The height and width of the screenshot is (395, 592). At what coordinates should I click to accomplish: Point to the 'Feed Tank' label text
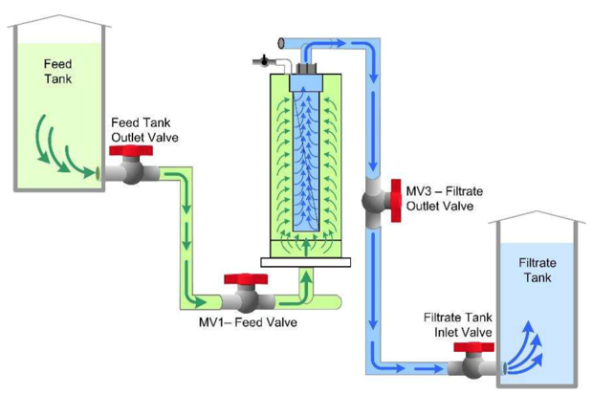(57, 71)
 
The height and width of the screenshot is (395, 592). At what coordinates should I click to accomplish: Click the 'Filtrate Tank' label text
(536, 269)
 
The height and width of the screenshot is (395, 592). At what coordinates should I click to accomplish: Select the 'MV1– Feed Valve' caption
(248, 322)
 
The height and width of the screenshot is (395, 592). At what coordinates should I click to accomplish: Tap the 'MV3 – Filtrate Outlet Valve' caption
(445, 198)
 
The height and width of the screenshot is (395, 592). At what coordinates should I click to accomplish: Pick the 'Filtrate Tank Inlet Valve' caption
(458, 325)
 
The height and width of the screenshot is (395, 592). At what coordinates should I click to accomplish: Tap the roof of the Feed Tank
(57, 19)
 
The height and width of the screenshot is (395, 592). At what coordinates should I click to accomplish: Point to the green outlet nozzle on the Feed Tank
(99, 173)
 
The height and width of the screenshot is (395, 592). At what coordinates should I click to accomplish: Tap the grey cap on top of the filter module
(305, 68)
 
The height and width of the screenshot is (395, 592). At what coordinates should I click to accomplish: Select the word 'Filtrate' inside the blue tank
(536, 261)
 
